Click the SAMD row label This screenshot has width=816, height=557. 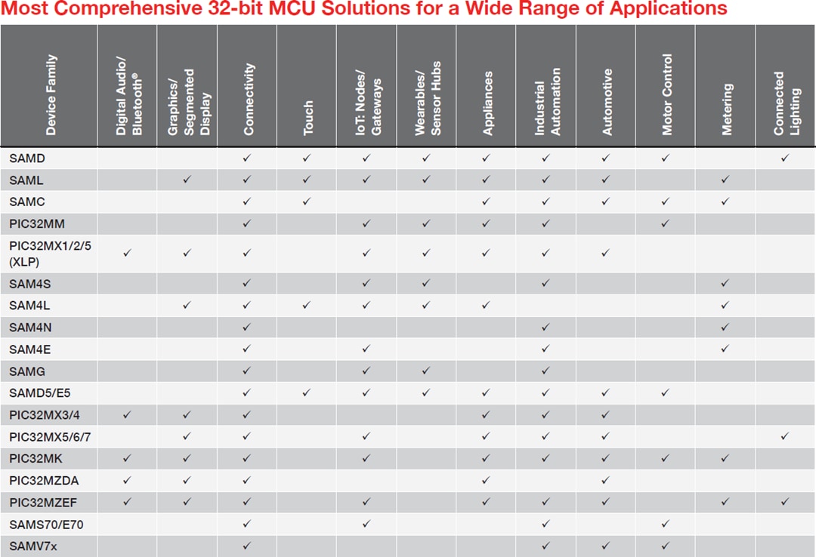pos(27,158)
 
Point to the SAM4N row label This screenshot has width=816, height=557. pos(30,328)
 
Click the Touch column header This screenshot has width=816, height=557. pos(308,118)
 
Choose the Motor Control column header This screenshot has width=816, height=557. pos(666,94)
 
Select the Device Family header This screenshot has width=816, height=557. pos(51,95)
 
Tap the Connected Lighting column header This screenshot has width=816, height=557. pos(787,104)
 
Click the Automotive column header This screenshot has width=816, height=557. pos(607,102)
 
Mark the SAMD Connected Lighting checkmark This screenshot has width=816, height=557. pos(786,158)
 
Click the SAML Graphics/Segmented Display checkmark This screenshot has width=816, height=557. pos(187,180)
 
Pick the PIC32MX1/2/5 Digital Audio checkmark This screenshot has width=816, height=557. pos(127,253)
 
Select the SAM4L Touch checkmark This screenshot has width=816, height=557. pos(307,306)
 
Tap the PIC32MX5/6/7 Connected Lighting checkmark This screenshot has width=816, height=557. pos(786,437)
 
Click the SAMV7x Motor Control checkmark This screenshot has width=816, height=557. pos(666,546)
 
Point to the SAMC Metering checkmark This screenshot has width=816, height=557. pos(725,202)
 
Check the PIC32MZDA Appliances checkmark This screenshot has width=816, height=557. pos(486,481)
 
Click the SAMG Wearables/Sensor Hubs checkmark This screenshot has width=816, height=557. pos(426,371)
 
